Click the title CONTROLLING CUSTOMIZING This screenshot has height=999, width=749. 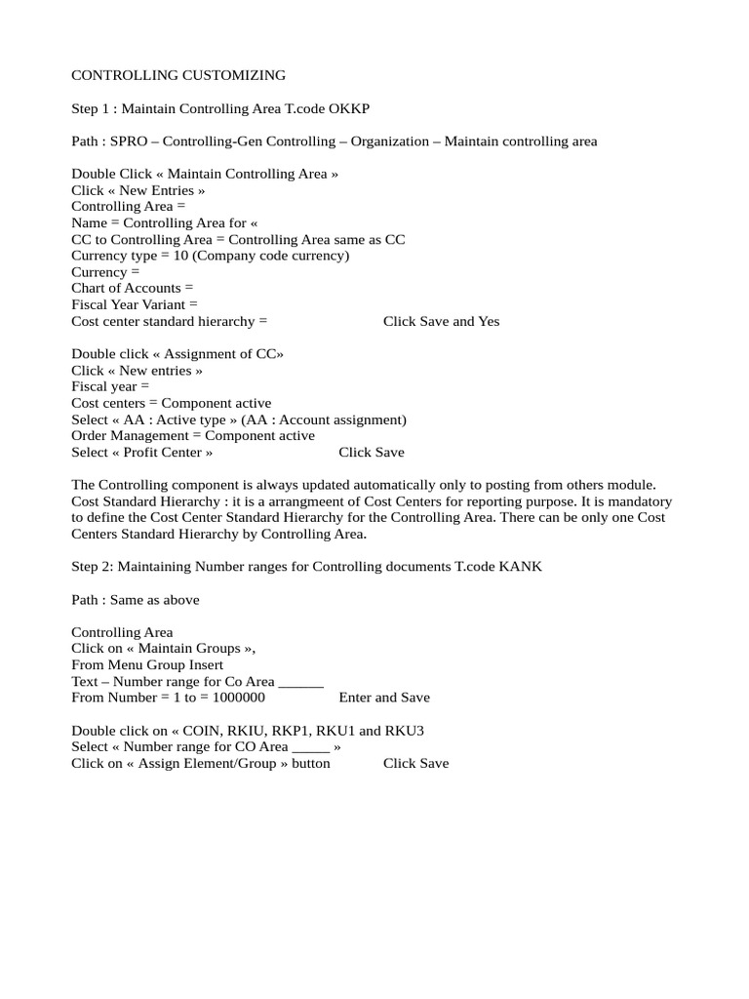(x=178, y=75)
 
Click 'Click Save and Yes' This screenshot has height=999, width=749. (x=441, y=321)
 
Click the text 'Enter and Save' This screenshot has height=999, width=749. (x=384, y=698)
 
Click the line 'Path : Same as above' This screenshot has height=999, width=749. (x=135, y=600)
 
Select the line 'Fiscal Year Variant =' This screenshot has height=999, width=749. (x=135, y=304)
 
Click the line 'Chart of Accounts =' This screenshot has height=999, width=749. (x=133, y=288)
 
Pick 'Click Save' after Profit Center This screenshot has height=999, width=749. (x=372, y=453)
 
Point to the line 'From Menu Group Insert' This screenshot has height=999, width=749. (x=147, y=665)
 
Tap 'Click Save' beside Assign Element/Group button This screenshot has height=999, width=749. (x=416, y=763)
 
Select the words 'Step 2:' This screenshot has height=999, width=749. (x=96, y=567)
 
